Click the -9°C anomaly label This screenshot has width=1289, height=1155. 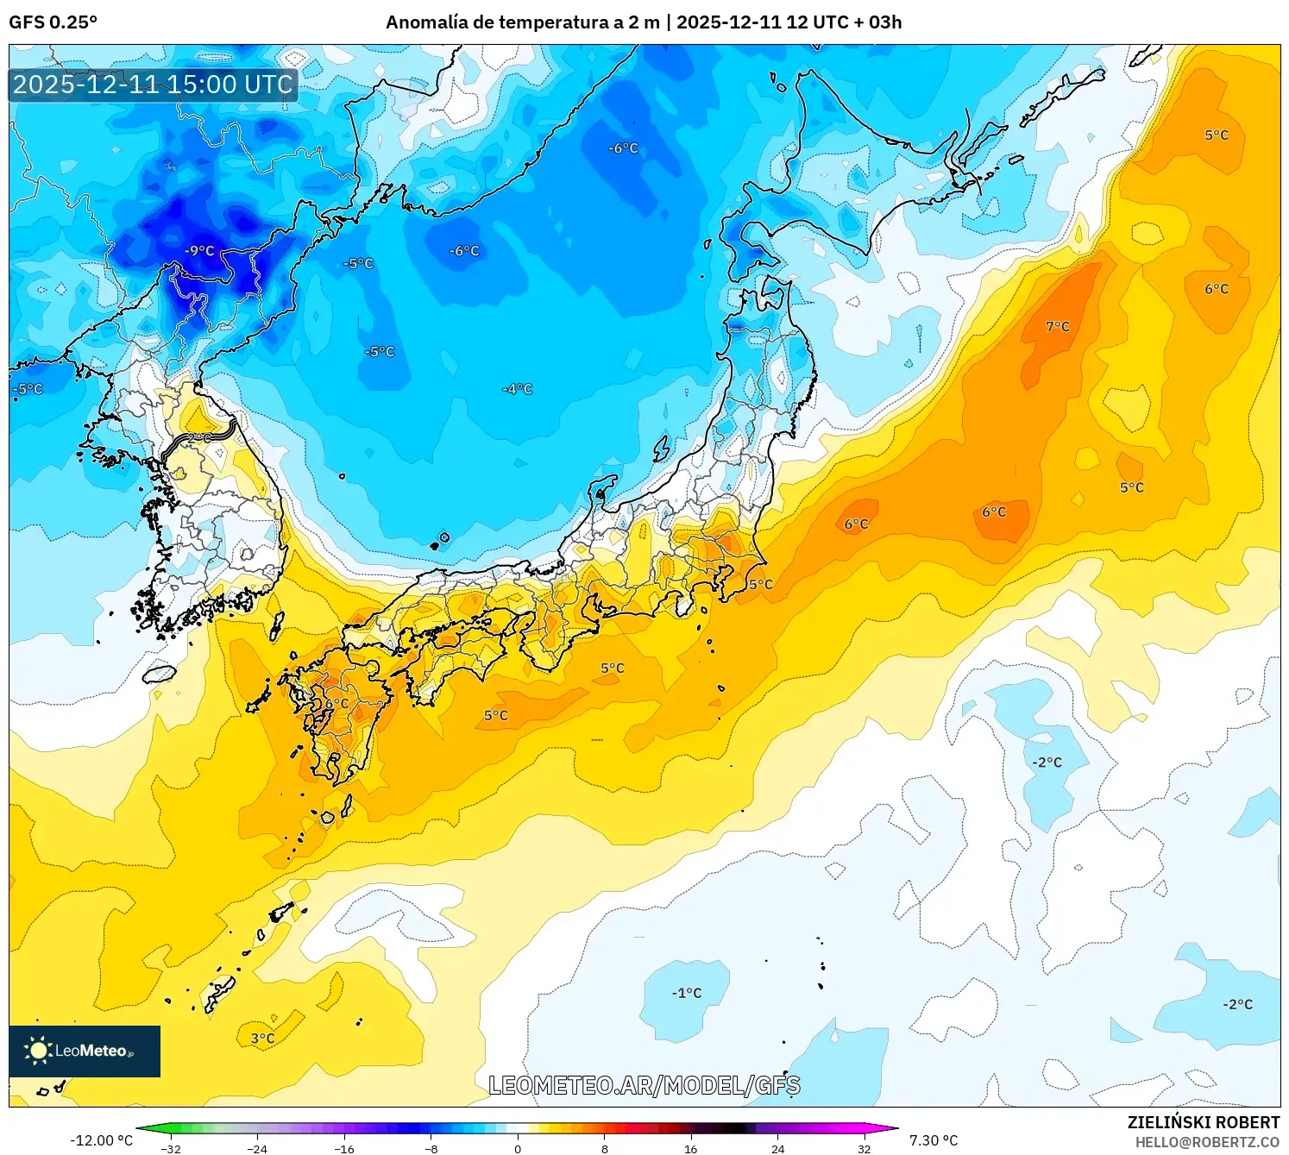click(x=199, y=251)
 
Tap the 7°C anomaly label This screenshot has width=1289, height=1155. click(x=1057, y=327)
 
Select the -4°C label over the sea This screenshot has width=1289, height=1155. click(x=518, y=390)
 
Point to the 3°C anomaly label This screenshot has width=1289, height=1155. click(x=262, y=1039)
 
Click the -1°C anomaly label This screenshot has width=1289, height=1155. click(x=687, y=994)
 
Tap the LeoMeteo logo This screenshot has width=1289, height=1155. click(x=85, y=1051)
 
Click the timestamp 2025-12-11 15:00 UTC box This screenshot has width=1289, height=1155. click(x=153, y=85)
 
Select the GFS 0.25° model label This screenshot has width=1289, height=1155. click(x=53, y=22)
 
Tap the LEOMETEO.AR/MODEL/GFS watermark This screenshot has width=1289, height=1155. click(x=644, y=1085)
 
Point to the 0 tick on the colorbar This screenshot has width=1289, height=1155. click(x=518, y=1148)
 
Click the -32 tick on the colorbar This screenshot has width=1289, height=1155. click(x=171, y=1148)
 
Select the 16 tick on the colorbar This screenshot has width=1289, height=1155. click(x=690, y=1148)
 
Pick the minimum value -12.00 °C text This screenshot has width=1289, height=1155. click(x=101, y=1140)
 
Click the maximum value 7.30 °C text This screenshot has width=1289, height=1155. click(x=934, y=1140)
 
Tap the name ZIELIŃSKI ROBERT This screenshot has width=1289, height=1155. click(x=1204, y=1122)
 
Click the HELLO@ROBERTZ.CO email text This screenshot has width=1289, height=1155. click(x=1207, y=1142)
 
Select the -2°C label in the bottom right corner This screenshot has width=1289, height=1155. click(x=1237, y=1005)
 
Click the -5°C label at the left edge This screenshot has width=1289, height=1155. click(x=28, y=390)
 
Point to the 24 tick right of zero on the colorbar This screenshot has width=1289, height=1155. click(x=777, y=1148)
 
